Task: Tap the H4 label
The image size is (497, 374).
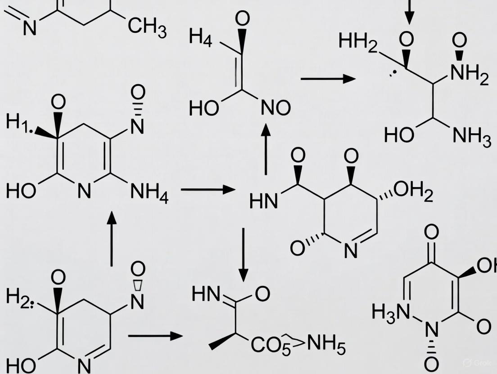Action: [200, 36]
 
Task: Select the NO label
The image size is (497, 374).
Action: [275, 108]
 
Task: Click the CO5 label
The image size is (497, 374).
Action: [267, 347]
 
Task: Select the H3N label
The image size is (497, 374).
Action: [391, 312]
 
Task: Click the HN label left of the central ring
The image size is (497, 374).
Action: [263, 201]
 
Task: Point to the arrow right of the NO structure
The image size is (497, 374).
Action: [328, 79]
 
